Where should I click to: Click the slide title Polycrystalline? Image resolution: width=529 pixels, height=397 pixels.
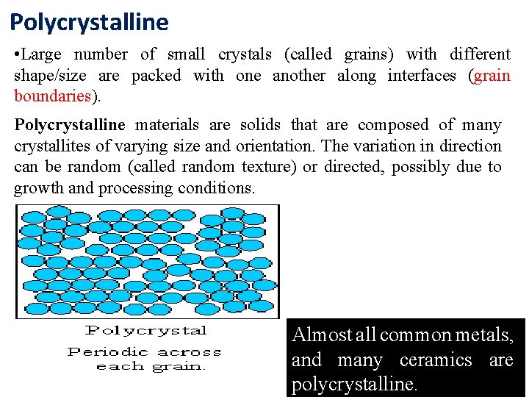89,22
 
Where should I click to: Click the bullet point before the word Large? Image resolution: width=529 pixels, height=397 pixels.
18,54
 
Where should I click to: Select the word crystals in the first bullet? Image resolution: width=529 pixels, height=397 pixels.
245,54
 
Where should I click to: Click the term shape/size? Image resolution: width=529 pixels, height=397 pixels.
48,76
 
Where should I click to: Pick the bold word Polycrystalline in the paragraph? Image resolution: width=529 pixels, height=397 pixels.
70,125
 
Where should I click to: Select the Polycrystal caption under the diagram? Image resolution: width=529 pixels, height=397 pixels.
146,331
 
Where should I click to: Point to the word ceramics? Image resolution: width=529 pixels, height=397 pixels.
436,360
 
